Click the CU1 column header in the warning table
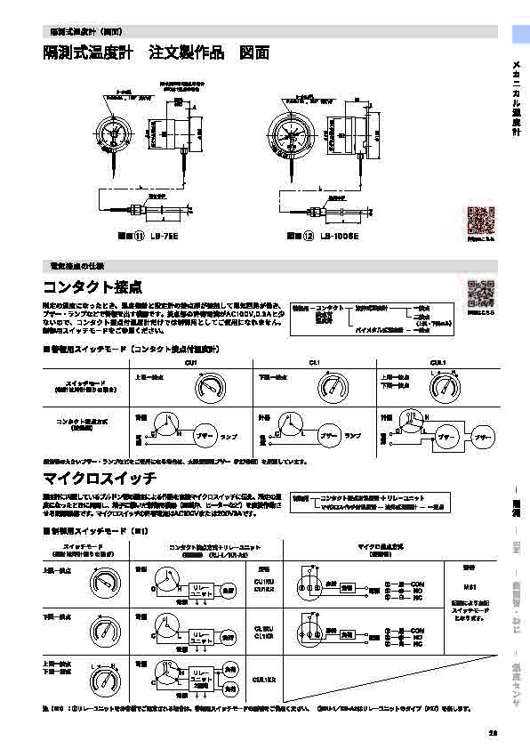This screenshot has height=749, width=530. [x=189, y=362]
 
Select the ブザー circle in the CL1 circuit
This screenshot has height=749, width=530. [x=330, y=439]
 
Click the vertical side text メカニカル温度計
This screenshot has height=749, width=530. [x=517, y=99]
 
